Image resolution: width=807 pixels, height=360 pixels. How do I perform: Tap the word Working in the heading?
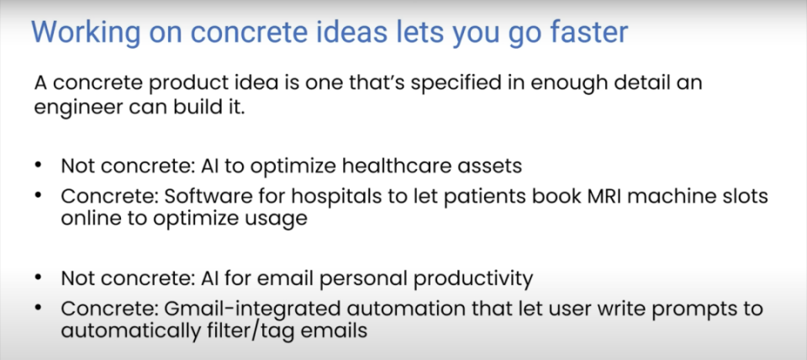[x=86, y=33]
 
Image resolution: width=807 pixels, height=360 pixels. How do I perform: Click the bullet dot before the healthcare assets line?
[x=38, y=167]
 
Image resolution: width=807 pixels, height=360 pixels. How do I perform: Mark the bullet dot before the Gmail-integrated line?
[x=38, y=309]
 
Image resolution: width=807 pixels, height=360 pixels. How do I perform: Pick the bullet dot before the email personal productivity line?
[x=38, y=278]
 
